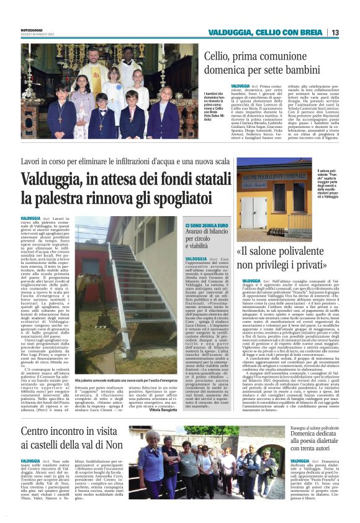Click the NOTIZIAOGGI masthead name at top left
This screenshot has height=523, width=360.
pos(32,30)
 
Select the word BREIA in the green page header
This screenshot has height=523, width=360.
pos(310,32)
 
